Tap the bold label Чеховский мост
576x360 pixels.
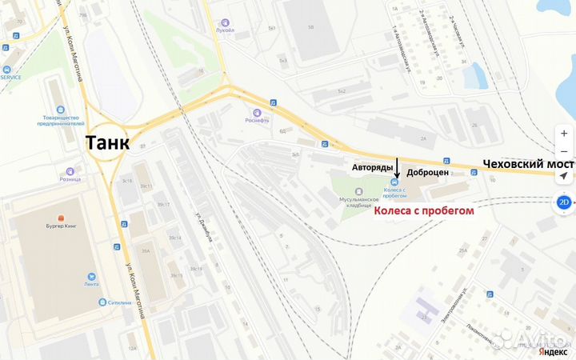(529, 162)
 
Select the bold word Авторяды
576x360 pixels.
(372, 168)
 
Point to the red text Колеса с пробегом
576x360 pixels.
(424, 210)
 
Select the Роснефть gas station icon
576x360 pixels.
(258, 112)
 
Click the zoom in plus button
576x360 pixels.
(564, 133)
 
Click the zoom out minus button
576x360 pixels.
(564, 151)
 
